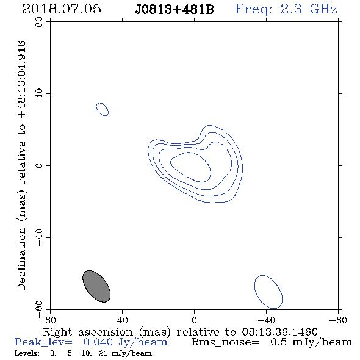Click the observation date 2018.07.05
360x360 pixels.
pos(62,9)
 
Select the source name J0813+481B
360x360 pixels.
pos(175,10)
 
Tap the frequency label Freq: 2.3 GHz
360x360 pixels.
pos(286,9)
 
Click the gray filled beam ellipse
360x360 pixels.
pos(96,286)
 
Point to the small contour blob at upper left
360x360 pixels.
pos(102,109)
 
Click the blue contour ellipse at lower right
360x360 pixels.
pos(268,292)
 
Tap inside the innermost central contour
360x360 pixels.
pos(191,167)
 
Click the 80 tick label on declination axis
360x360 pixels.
pos(39,22)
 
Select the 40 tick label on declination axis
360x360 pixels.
pos(39,94)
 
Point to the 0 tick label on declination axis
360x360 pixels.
pos(39,165)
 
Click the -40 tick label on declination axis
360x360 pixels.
pos(39,237)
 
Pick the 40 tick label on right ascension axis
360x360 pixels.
pos(122,320)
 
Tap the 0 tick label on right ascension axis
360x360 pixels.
pos(194,320)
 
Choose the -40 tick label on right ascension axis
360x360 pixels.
pos(266,320)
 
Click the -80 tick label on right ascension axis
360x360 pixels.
pos(338,320)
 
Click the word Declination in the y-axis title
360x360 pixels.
pos(21,259)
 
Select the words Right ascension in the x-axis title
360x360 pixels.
pos(88,332)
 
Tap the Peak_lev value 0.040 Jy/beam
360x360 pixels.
pos(125,342)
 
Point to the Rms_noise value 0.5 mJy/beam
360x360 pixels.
pos(311,342)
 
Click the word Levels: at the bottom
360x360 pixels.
pos(27,353)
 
